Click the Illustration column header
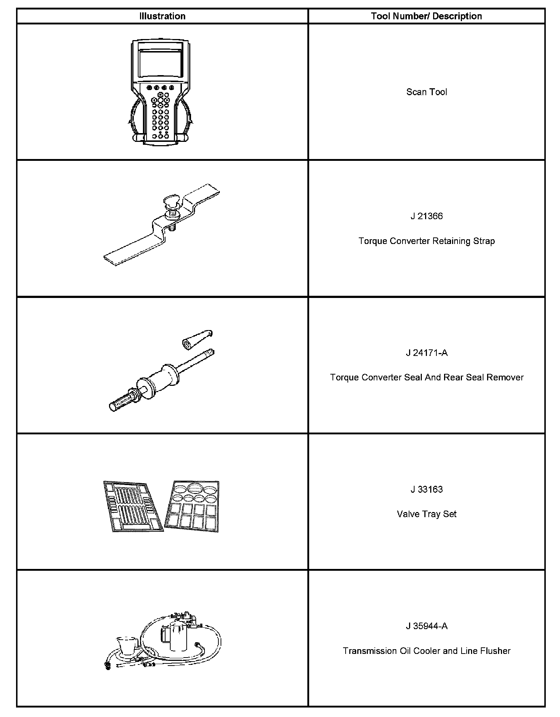pyautogui.click(x=162, y=16)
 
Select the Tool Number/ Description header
pyautogui.click(x=426, y=16)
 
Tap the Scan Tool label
pyautogui.click(x=427, y=92)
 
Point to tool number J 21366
pyautogui.click(x=427, y=216)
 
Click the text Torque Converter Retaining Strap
pyautogui.click(x=427, y=241)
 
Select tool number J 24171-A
pyautogui.click(x=427, y=353)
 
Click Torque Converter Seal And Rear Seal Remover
pyautogui.click(x=427, y=377)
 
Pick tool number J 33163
pyautogui.click(x=427, y=489)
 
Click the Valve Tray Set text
pyautogui.click(x=427, y=514)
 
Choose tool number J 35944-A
pyautogui.click(x=427, y=626)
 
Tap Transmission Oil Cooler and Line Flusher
pyautogui.click(x=427, y=651)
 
